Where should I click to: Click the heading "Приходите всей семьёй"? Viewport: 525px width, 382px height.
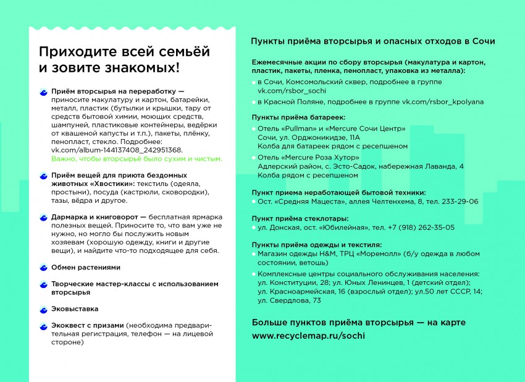124,51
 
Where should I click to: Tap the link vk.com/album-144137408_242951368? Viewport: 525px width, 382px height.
116,150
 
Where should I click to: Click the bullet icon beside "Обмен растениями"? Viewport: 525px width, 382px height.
43,268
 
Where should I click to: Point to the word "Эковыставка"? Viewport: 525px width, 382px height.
75,308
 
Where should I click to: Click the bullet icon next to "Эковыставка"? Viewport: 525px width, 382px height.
43,308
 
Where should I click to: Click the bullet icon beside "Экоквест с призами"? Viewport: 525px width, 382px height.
43,325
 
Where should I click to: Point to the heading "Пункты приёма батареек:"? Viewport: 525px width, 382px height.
299,117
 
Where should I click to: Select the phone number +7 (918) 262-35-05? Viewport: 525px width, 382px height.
416,227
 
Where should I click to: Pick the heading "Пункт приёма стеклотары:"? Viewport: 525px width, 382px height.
300,218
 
